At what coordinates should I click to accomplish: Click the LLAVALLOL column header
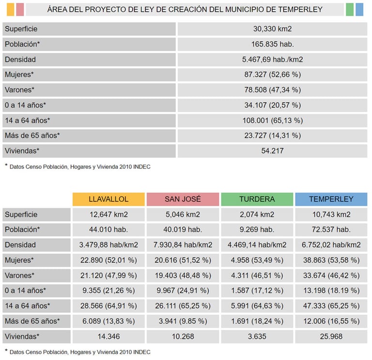[x=108, y=199]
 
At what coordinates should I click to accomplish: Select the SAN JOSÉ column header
[x=183, y=199]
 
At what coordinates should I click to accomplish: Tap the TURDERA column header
[x=257, y=199]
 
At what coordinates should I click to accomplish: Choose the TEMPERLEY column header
[x=331, y=199]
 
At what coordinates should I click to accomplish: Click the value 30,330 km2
[x=272, y=29]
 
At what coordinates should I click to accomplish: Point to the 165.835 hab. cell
[x=272, y=44]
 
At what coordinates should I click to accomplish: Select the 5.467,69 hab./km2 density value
[x=272, y=60]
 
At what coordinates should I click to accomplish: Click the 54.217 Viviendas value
[x=272, y=150]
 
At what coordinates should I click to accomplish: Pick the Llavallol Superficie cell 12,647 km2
[x=108, y=214]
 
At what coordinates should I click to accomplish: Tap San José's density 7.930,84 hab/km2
[x=183, y=245]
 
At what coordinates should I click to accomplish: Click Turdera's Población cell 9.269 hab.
[x=257, y=229]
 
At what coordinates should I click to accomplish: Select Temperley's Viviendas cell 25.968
[x=331, y=336]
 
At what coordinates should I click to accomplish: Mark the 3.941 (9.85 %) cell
[x=183, y=321]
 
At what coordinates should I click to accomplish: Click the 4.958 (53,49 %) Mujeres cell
[x=257, y=260]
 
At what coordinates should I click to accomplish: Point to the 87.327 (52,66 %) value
[x=272, y=75]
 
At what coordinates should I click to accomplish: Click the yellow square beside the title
[x=11, y=10]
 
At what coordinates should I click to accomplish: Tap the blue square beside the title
[x=359, y=10]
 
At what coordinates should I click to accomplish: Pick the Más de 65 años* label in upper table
[x=32, y=135]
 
